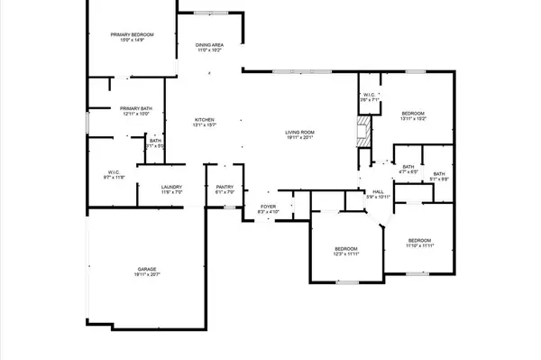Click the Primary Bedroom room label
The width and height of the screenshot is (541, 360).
[x=127, y=34]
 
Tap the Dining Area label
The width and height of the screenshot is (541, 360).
[x=210, y=44]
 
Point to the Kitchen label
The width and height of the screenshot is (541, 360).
[x=206, y=120]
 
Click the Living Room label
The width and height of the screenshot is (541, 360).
[x=298, y=133]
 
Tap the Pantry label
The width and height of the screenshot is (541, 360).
[x=225, y=188]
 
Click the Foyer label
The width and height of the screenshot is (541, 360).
[x=268, y=207]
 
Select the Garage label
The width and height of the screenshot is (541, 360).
[x=149, y=268]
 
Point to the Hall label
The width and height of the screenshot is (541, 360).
[x=379, y=191]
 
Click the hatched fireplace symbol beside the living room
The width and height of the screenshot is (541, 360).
[x=362, y=134]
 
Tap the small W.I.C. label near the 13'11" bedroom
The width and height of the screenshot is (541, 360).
[x=370, y=96]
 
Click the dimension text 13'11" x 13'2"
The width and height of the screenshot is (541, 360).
[x=413, y=118]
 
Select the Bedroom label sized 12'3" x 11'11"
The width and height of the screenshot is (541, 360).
[x=346, y=248]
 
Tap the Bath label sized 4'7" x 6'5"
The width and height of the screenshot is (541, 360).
[x=408, y=166]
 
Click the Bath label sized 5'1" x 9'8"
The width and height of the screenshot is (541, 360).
[x=439, y=173]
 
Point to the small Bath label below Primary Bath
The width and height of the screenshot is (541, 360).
[x=156, y=140]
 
